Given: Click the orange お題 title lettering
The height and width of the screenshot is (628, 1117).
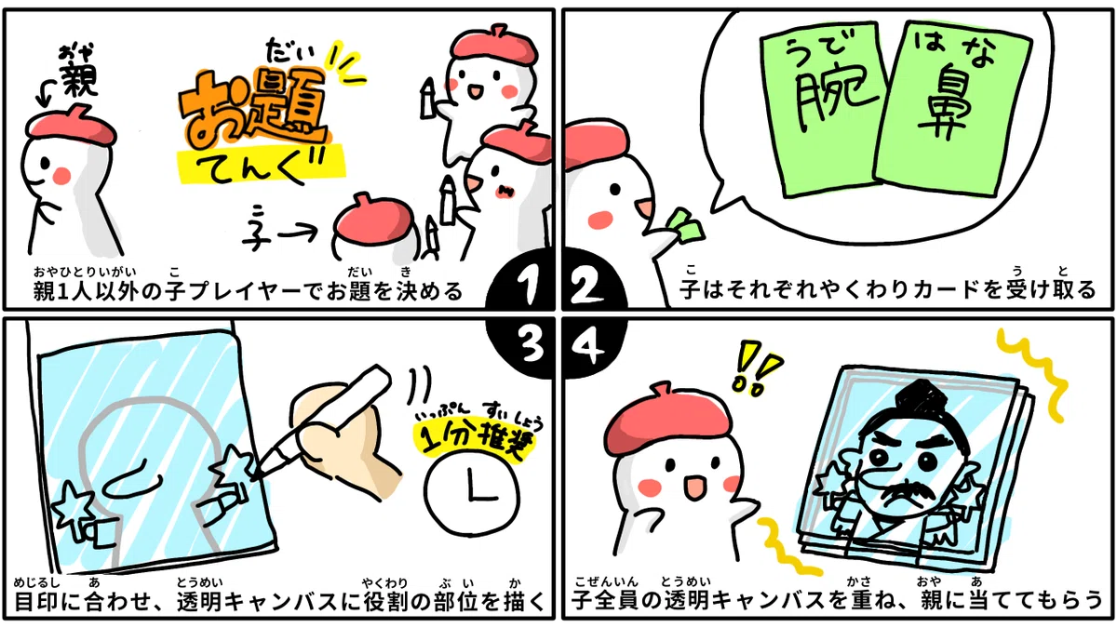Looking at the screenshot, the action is pos(253,111).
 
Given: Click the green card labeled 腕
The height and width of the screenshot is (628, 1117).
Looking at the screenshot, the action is pos(824,110).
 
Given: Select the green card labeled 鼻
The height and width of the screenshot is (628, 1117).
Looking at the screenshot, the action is pos(953,107).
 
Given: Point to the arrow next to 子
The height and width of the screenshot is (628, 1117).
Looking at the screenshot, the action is pos(297,232).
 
